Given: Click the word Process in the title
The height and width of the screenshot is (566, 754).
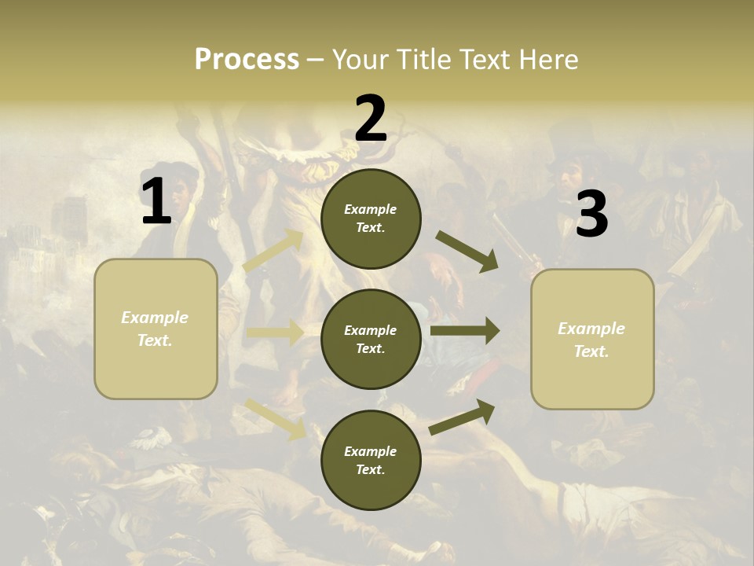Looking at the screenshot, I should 247,60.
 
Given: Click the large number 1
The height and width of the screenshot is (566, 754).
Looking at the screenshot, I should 156,202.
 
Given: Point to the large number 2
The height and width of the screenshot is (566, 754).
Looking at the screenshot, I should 371,119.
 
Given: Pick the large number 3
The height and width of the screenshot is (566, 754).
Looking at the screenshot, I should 591,215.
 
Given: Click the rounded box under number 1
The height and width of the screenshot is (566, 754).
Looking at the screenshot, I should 156,329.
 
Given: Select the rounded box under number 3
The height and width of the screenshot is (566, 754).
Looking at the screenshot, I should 592,340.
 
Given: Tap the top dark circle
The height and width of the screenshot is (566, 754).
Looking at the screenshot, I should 371,219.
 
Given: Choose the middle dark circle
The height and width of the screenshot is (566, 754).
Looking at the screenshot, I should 371,339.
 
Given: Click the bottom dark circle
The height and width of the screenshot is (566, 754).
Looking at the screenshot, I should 371,460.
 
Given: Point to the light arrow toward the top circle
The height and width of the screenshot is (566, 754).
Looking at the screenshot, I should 273,251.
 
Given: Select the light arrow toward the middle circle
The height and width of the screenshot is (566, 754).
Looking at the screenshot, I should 275,333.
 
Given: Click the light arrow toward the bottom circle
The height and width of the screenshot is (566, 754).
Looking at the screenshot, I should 275,418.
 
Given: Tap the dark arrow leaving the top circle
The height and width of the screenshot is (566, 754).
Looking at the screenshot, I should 467,251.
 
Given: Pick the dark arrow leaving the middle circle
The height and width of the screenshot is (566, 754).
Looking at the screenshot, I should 465,331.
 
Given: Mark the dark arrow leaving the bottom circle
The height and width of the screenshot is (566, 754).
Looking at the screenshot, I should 463,417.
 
